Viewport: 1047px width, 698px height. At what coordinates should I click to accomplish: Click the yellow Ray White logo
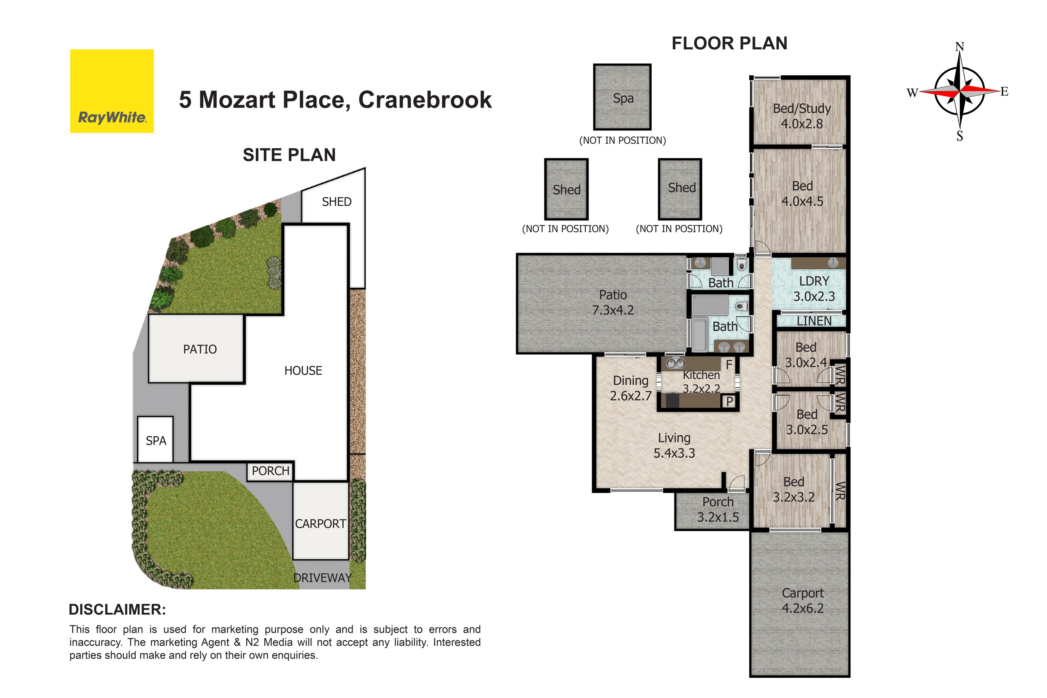point(112,91)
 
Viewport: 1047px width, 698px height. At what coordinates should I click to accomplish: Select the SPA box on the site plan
point(155,439)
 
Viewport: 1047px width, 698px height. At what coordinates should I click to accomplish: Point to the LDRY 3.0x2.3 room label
point(814,288)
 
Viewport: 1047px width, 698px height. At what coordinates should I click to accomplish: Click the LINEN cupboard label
point(814,321)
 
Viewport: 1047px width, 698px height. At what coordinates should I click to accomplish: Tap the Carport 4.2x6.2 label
point(803,601)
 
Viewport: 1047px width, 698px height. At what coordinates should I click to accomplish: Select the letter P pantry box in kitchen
point(729,401)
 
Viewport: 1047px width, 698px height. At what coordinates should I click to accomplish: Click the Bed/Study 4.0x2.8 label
point(802,116)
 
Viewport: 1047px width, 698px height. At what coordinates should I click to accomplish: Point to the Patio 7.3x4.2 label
point(613,302)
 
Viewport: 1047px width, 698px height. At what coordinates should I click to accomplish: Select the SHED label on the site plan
point(337,202)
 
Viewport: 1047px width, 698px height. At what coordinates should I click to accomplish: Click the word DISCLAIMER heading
point(118,610)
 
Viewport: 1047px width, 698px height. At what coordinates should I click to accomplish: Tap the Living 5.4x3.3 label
point(674,445)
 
